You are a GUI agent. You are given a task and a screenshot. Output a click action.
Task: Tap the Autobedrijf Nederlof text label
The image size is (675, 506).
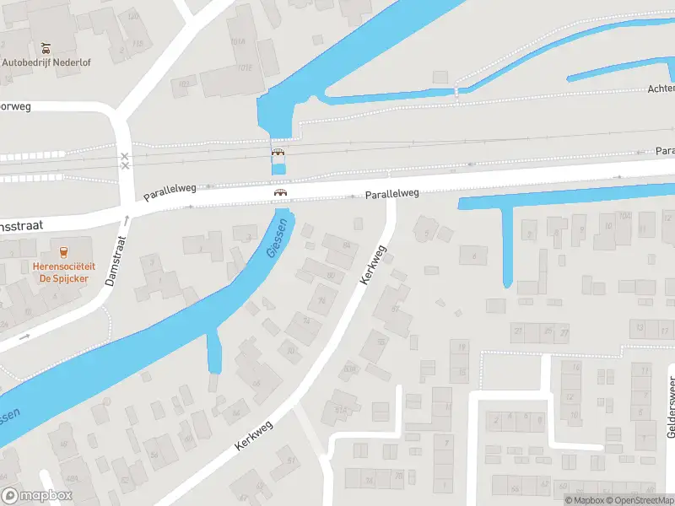coord(46,62)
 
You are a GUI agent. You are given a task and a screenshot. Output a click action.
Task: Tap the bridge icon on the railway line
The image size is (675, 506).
coord(278,153)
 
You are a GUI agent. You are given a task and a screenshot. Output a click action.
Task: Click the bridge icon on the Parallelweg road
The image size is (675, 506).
coord(279,192)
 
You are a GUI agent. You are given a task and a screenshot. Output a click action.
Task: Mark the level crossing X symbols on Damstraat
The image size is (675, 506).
coord(125,160)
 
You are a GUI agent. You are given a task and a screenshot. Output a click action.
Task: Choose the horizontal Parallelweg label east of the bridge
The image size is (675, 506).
coord(391,194)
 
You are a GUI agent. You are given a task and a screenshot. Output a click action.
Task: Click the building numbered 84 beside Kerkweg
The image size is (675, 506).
coord(345,245)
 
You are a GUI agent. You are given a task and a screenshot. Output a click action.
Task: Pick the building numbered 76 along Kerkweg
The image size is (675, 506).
coord(322,300)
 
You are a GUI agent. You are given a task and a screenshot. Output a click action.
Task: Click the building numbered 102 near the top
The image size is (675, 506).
coord(183,84)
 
